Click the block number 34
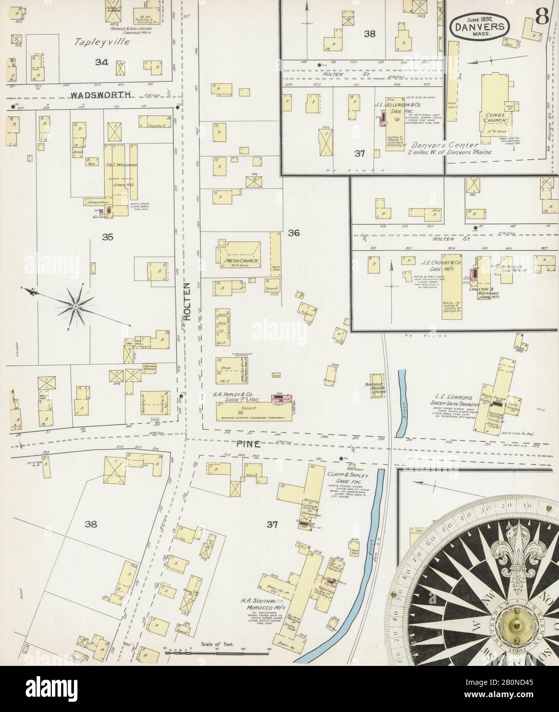click(x=101, y=62)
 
